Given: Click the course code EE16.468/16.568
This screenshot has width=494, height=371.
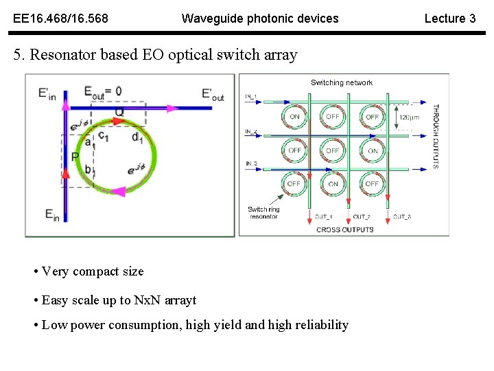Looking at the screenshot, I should [x=60, y=19].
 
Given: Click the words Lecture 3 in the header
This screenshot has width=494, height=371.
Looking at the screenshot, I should [x=449, y=19].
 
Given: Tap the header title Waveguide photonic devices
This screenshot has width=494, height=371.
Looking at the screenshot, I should [x=259, y=19].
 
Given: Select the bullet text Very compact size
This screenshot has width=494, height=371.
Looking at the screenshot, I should [x=93, y=271].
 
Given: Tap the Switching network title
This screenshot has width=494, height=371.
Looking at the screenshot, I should [x=342, y=83].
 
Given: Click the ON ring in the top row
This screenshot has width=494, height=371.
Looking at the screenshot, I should [x=294, y=117].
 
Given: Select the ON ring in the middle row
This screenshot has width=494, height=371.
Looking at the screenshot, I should [x=372, y=150].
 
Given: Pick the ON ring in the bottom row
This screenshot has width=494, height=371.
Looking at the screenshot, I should [x=333, y=184].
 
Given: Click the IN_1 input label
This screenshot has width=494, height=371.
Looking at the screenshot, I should [x=252, y=96].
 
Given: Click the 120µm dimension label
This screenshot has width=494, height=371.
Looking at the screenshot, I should [x=409, y=117].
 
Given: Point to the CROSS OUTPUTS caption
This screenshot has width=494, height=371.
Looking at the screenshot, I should [x=344, y=229].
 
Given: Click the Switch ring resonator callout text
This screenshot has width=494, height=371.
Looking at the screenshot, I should [x=263, y=213].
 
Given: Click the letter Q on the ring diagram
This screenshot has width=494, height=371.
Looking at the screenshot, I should [x=119, y=111].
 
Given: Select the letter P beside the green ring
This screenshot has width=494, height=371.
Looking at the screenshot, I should [x=75, y=157].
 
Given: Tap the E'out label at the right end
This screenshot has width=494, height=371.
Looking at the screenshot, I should [x=213, y=94].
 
